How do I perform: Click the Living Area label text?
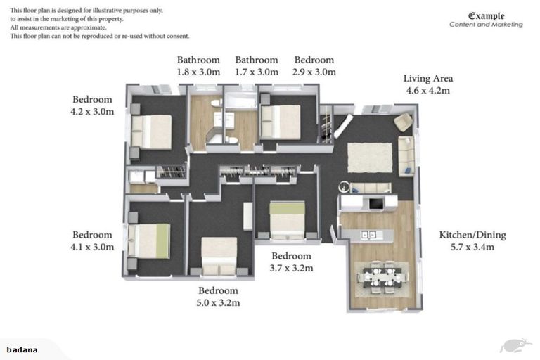point(427,78)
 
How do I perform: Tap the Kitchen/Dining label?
point(472,235)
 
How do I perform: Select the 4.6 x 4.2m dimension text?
point(427,91)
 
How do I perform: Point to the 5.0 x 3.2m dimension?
point(219,303)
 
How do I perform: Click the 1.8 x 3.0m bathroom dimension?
point(198,72)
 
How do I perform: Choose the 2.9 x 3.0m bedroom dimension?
point(314,72)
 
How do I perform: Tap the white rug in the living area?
point(370,157)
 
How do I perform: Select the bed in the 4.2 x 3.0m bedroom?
point(150,131)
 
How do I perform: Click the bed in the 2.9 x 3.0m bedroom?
point(281,122)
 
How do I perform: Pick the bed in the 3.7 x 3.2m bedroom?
point(288,220)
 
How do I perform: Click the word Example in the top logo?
point(487,15)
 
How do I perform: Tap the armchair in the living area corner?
point(403,122)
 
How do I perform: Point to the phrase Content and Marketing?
point(486,25)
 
